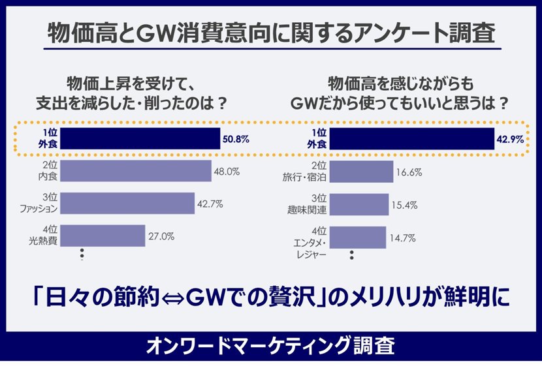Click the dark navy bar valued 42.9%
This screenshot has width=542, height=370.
point(412,139)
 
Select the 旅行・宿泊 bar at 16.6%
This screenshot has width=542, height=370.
point(362,172)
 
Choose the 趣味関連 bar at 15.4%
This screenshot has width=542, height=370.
point(360,204)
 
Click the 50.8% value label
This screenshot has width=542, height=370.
point(236,139)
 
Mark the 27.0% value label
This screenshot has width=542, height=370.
point(161,237)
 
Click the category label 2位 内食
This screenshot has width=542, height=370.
point(48,172)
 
